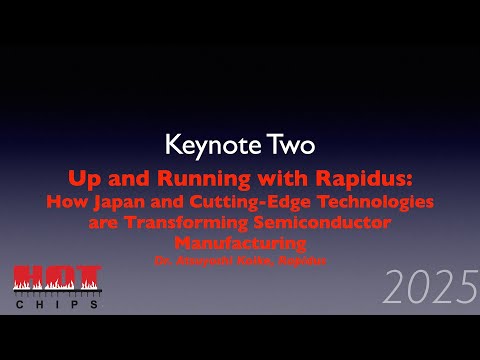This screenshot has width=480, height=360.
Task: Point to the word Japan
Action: coord(122,201)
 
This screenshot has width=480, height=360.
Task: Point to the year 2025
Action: coord(431,289)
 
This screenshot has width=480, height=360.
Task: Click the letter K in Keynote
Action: coord(171,145)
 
